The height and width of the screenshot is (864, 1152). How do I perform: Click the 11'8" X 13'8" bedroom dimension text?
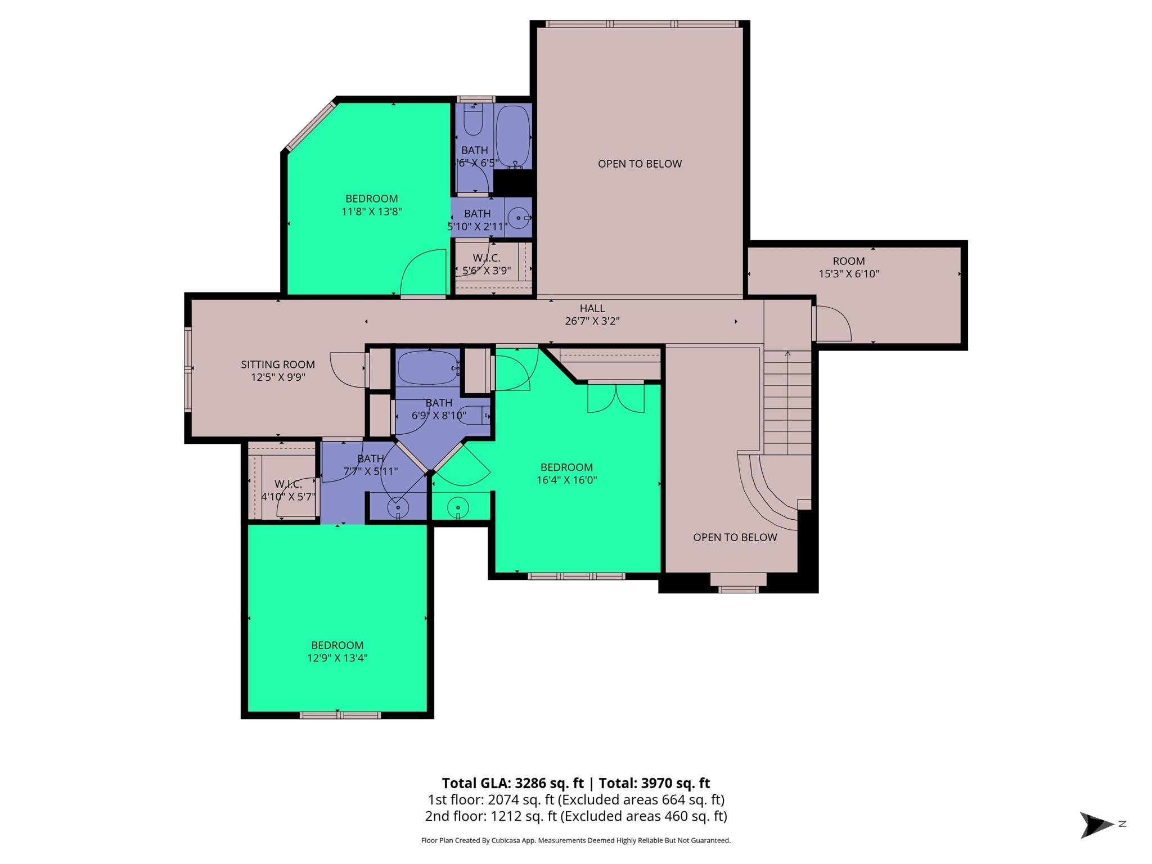click(371, 212)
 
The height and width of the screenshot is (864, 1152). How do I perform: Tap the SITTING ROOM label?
click(278, 364)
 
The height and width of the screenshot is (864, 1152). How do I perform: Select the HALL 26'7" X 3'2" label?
click(592, 315)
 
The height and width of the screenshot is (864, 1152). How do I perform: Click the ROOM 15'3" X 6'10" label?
click(848, 267)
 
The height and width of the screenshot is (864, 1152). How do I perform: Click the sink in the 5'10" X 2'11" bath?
click(517, 217)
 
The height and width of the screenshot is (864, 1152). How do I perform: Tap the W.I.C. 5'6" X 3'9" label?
click(487, 264)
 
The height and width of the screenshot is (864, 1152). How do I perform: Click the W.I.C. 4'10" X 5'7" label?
click(288, 490)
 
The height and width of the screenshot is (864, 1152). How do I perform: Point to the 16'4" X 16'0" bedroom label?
click(566, 474)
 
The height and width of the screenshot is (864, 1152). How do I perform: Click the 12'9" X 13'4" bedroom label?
click(337, 651)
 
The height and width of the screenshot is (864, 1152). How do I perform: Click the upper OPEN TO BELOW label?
click(640, 164)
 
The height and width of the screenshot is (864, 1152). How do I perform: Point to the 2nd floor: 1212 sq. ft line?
click(576, 816)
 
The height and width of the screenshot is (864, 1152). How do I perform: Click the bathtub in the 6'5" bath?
click(513, 135)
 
